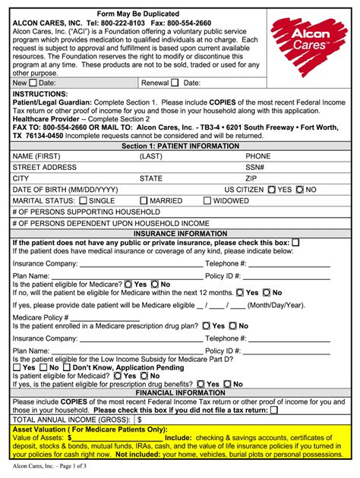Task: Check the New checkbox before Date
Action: (32, 83)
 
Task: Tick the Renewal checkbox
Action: (174, 83)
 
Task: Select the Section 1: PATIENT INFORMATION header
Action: (180, 145)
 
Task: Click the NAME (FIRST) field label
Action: (38, 156)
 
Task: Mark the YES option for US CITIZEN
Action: (272, 190)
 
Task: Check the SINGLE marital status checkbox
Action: (84, 201)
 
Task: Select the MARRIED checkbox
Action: (144, 201)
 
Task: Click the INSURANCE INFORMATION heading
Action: (180, 234)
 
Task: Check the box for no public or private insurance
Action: (296, 242)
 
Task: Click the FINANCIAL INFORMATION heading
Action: (180, 393)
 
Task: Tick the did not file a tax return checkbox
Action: (274, 410)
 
